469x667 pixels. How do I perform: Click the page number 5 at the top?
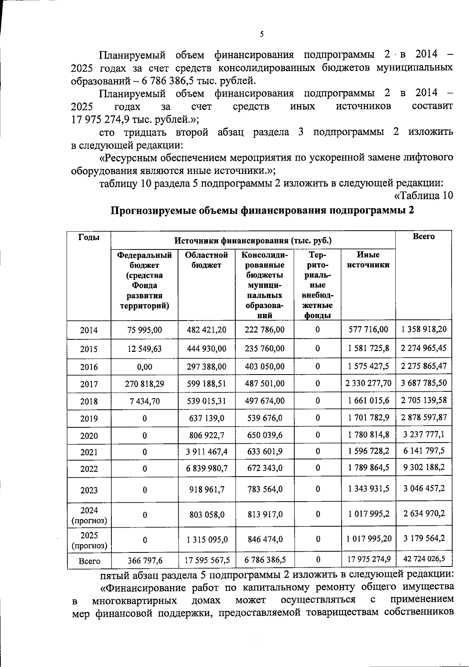[x=261, y=34]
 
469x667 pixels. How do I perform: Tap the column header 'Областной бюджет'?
[x=206, y=260]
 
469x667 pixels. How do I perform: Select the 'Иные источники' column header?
[x=368, y=260]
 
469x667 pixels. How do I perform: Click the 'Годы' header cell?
[x=89, y=237]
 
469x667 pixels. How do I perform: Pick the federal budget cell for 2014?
[x=145, y=330]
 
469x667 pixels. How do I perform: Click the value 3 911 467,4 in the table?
[x=206, y=452]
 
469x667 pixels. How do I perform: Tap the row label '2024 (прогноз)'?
[x=89, y=515]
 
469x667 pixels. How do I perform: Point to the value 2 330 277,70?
[x=368, y=383]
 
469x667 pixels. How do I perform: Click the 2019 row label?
[x=89, y=419]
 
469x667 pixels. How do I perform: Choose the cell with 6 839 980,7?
[x=206, y=468]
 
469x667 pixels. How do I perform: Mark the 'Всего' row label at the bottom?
[x=90, y=561]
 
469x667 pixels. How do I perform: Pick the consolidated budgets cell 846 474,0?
[x=265, y=539]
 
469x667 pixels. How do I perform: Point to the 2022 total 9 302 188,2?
[x=424, y=467]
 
